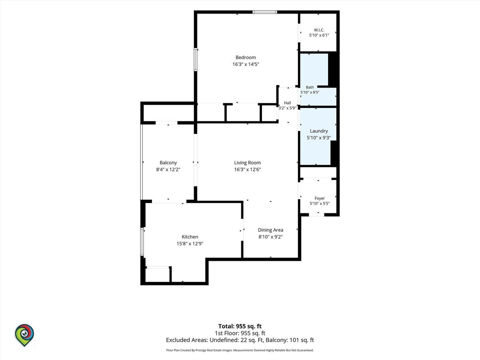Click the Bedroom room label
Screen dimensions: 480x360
246,58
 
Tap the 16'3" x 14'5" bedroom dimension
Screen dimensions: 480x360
246,64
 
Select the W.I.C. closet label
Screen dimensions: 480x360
319,30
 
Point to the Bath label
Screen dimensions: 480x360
310,87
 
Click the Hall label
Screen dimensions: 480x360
287,103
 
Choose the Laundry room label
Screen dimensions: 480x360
319,131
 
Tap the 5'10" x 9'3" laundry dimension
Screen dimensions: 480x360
319,138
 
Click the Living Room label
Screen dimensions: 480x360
247,163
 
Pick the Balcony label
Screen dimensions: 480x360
168,163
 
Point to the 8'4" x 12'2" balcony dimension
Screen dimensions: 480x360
168,169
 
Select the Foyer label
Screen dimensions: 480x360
320,198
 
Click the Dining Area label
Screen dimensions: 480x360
270,230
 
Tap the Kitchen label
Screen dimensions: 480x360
190,237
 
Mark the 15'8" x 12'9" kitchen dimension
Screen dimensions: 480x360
190,244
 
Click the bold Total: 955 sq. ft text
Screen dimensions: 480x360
240,326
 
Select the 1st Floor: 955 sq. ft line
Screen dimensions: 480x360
240,333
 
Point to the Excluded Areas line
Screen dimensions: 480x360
240,340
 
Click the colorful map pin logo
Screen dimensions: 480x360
24,335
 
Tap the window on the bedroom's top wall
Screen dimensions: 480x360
265,12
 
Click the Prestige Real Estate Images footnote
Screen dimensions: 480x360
240,350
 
